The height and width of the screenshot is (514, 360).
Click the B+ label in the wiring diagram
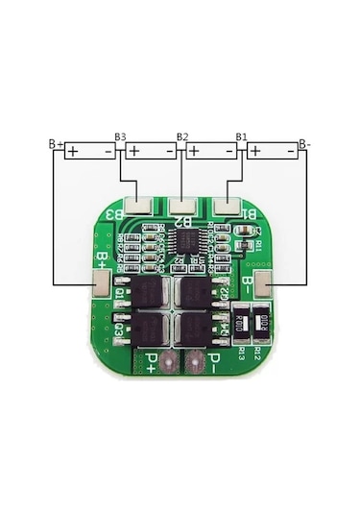[56, 144]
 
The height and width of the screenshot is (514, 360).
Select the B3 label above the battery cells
[120, 137]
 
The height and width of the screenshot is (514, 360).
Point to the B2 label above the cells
[182, 137]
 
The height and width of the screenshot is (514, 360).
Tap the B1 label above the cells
[242, 137]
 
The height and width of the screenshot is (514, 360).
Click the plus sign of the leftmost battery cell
[72, 152]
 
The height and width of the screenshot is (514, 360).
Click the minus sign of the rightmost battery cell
[291, 152]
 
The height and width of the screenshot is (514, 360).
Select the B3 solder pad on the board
[139, 203]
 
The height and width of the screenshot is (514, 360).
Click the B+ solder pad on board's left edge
[101, 282]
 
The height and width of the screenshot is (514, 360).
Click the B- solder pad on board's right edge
[266, 282]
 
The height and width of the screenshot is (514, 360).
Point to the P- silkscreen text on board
[219, 363]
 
